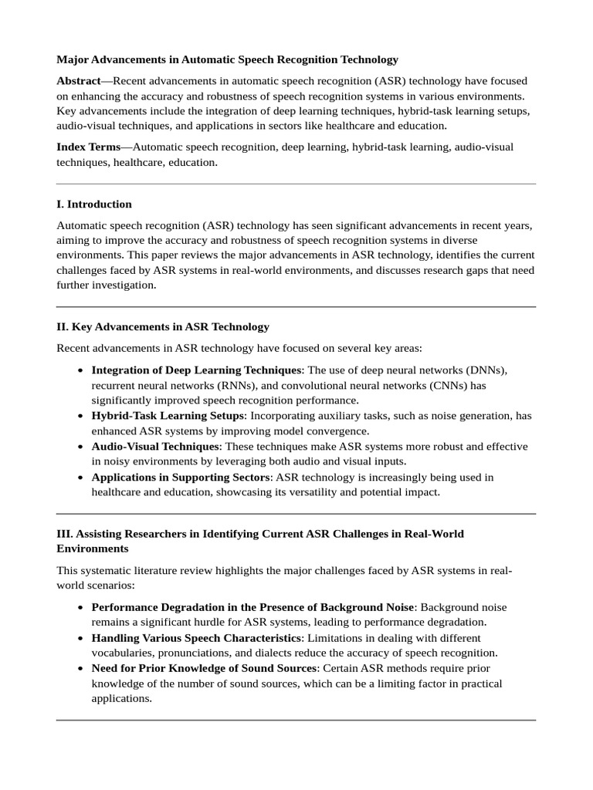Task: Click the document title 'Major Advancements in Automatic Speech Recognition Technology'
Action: tap(227, 59)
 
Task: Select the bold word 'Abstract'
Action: tap(78, 81)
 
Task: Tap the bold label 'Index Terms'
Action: tap(88, 147)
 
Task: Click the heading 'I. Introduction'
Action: tap(94, 204)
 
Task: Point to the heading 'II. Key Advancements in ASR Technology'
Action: tap(163, 327)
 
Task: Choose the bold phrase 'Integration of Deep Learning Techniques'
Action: tap(196, 370)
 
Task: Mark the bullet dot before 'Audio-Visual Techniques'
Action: tap(81, 447)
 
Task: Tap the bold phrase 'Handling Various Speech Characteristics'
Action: tap(197, 638)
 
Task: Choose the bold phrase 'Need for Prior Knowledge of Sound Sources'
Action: tap(203, 668)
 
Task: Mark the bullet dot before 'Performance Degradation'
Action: tap(81, 608)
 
